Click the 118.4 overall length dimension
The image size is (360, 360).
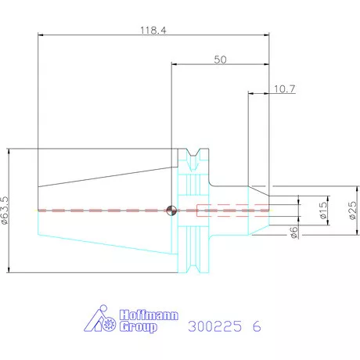(x=153, y=31)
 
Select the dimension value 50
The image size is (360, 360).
(x=220, y=59)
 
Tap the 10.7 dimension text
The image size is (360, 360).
(x=284, y=89)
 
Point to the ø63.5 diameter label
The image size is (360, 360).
(x=5, y=211)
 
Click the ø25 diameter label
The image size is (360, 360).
(x=352, y=211)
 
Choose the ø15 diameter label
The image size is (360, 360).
(x=323, y=211)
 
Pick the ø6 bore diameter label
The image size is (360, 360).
(x=294, y=232)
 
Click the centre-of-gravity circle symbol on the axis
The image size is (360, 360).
(x=171, y=211)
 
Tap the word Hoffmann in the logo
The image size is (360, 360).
(x=149, y=315)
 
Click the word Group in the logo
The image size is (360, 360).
(x=139, y=327)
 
